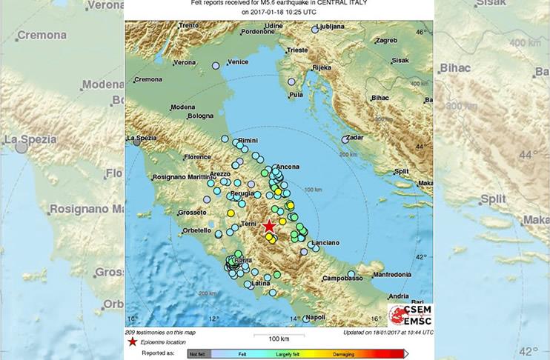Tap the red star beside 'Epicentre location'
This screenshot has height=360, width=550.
[132, 341]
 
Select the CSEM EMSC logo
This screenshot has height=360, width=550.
[410, 314]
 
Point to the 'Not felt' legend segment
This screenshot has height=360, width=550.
[199, 354]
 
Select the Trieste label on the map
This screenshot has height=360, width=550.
[296, 50]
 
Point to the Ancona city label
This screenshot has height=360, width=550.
[286, 167]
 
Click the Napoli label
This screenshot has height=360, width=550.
[315, 318]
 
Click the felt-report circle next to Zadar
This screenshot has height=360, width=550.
[345, 139]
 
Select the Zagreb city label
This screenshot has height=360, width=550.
[386, 41]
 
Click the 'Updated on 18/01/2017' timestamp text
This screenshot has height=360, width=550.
[388, 332]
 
